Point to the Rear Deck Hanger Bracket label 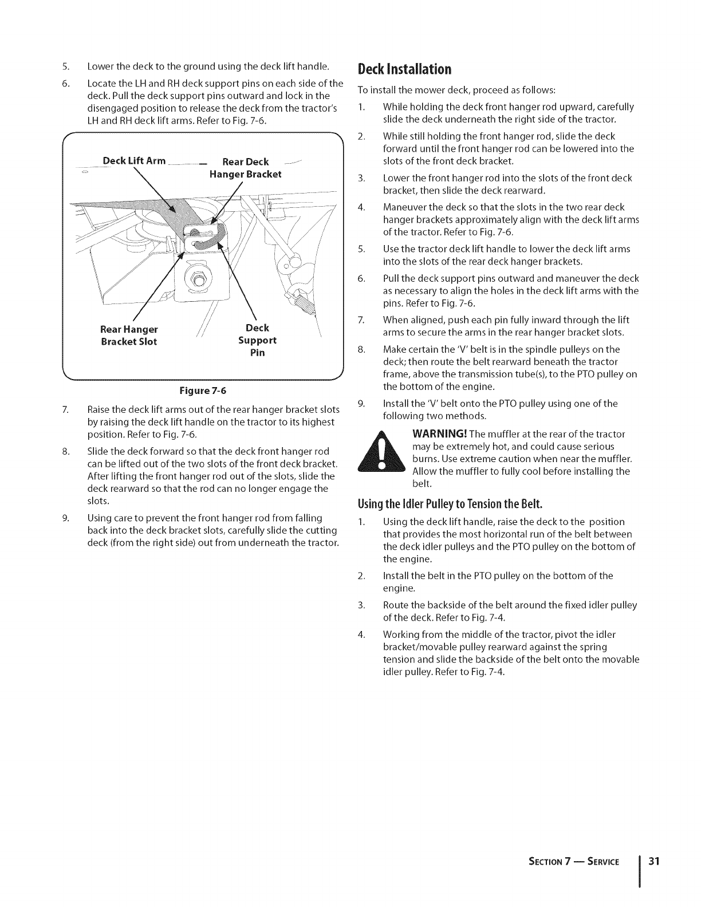tap(245, 168)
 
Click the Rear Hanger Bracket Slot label tap(129, 336)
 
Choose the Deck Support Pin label tap(257, 340)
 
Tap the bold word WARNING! tap(439, 434)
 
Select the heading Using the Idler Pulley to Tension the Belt tap(450, 504)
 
